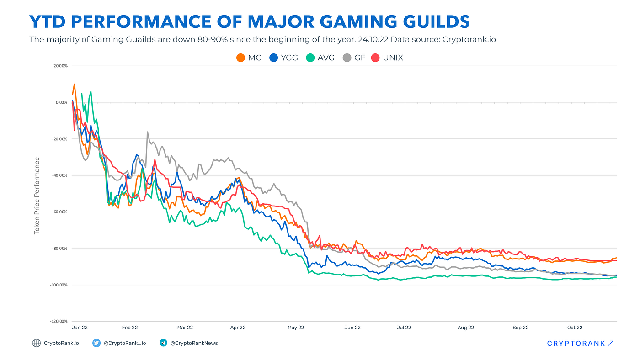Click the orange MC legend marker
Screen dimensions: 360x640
click(x=240, y=58)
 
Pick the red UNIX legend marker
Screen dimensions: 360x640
click(x=375, y=58)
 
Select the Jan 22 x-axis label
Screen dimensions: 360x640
click(x=80, y=328)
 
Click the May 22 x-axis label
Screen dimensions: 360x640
click(x=295, y=328)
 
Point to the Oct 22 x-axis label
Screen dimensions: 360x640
click(x=575, y=328)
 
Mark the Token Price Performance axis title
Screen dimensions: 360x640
click(x=37, y=196)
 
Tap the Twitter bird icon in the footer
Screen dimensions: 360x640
click(x=96, y=343)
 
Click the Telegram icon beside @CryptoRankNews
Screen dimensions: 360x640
click(x=163, y=343)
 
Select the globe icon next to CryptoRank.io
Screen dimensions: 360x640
click(x=36, y=343)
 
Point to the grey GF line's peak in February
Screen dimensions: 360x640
click(x=147, y=132)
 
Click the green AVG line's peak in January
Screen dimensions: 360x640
click(x=91, y=91)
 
